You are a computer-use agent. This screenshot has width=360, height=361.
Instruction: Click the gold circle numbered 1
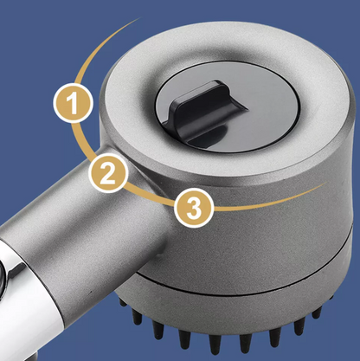click(x=73, y=103)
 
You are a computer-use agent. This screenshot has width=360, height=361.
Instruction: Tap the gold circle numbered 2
click(x=108, y=173)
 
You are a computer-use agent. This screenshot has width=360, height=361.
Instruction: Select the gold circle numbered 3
click(x=194, y=208)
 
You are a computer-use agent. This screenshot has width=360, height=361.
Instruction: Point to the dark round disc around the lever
click(x=227, y=106)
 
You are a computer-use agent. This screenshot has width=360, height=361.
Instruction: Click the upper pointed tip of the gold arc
click(x=140, y=18)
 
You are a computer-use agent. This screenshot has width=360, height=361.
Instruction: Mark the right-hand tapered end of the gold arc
click(x=327, y=183)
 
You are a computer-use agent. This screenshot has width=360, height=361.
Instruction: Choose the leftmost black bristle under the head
click(x=122, y=302)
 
